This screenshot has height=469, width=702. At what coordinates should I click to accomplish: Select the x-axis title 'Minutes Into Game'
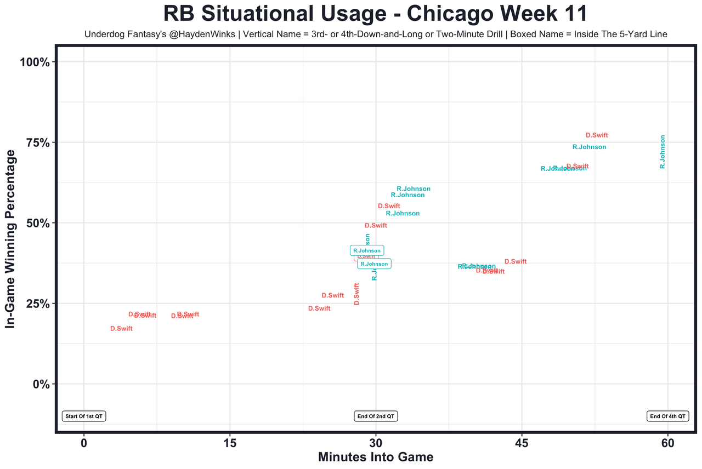pyautogui.click(x=376, y=457)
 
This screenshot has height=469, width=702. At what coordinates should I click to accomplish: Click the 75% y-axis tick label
pyautogui.click(x=38, y=142)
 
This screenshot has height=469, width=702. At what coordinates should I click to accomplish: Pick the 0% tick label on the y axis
pyautogui.click(x=42, y=384)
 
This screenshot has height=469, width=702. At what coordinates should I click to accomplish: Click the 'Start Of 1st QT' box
pyautogui.click(x=84, y=416)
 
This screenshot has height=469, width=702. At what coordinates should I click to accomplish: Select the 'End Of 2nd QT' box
pyautogui.click(x=376, y=416)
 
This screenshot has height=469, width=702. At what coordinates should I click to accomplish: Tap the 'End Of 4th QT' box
pyautogui.click(x=667, y=416)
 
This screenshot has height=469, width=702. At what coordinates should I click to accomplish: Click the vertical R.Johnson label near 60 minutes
pyautogui.click(x=663, y=152)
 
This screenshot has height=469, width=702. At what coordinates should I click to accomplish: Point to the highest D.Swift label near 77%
pyautogui.click(x=597, y=135)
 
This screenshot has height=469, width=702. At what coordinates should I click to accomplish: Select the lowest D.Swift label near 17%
pyautogui.click(x=121, y=329)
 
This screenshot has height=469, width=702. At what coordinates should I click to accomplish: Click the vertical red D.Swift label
pyautogui.click(x=356, y=294)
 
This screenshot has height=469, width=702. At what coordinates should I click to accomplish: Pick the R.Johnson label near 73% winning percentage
pyautogui.click(x=589, y=147)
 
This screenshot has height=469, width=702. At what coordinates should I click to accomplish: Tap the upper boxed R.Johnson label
pyautogui.click(x=367, y=250)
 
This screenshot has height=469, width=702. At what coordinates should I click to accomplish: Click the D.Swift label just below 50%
pyautogui.click(x=376, y=226)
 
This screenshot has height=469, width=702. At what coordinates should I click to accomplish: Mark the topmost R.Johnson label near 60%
pyautogui.click(x=414, y=189)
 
